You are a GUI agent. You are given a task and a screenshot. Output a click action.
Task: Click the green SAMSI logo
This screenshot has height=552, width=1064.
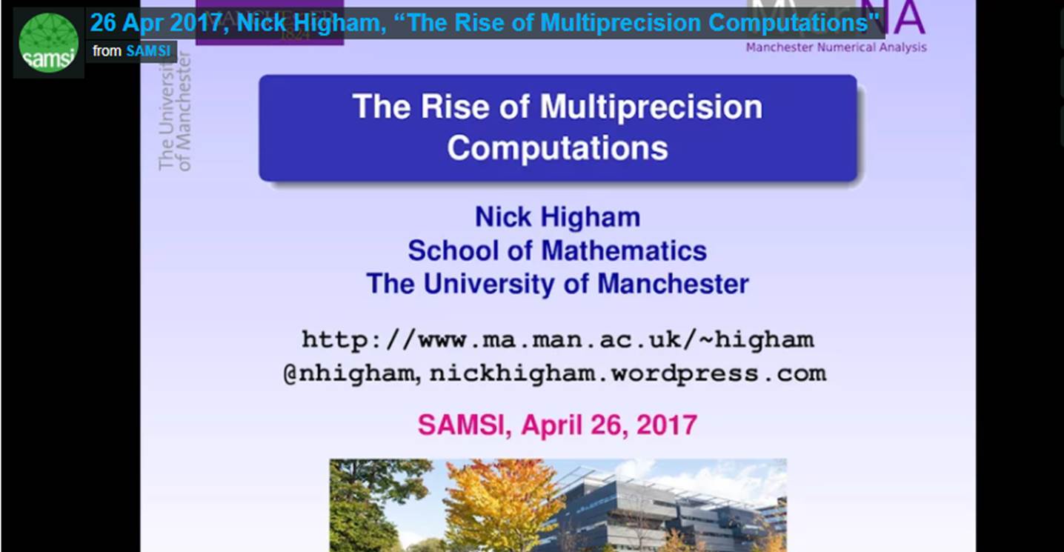[48, 43]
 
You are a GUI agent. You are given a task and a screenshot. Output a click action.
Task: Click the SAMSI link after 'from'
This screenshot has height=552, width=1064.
[148, 51]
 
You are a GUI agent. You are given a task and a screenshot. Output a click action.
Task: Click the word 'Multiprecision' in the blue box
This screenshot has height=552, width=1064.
[651, 107]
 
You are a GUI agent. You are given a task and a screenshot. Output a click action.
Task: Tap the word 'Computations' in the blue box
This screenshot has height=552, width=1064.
[557, 148]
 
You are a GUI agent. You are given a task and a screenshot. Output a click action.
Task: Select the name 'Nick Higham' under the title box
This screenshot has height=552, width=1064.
[557, 218]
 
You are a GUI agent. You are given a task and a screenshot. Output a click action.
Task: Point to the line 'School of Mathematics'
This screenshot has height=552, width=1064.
[557, 250]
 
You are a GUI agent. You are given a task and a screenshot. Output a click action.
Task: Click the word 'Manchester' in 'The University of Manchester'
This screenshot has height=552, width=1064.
[673, 284]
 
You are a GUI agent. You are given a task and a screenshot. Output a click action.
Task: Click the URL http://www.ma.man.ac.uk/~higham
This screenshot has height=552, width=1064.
[557, 339]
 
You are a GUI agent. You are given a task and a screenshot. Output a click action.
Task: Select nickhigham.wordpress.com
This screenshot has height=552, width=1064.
[628, 373]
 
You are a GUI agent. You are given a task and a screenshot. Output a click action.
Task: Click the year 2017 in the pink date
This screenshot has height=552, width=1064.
[668, 425]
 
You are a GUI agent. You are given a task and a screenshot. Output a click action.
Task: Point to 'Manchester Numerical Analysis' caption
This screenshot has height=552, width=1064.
[836, 47]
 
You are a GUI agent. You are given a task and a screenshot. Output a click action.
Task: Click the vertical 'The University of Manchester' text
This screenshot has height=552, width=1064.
[175, 111]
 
